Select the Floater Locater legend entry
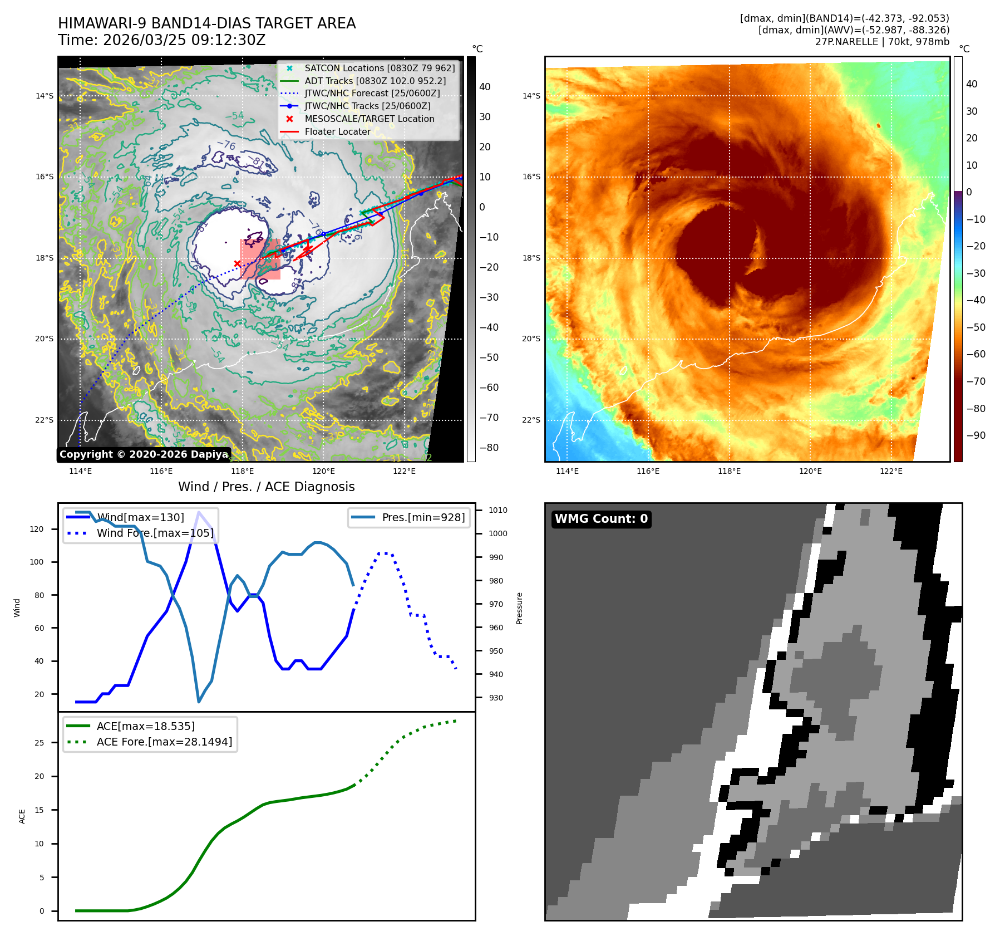point(337,131)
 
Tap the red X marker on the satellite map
point(237,263)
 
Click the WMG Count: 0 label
point(601,519)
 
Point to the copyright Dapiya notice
point(144,454)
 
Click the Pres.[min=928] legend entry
point(423,517)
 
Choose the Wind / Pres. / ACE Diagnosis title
point(266,487)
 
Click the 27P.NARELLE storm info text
point(882,42)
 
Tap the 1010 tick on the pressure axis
point(497,510)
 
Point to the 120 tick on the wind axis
point(37,529)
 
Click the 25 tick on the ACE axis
point(39,743)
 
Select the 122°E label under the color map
point(891,471)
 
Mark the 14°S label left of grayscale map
point(45,96)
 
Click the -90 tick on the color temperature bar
point(976,435)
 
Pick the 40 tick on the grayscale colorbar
point(485,87)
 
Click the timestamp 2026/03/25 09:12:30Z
point(184,40)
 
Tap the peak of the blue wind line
point(199,512)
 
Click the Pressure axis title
point(519,608)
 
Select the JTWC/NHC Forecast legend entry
point(372,94)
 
